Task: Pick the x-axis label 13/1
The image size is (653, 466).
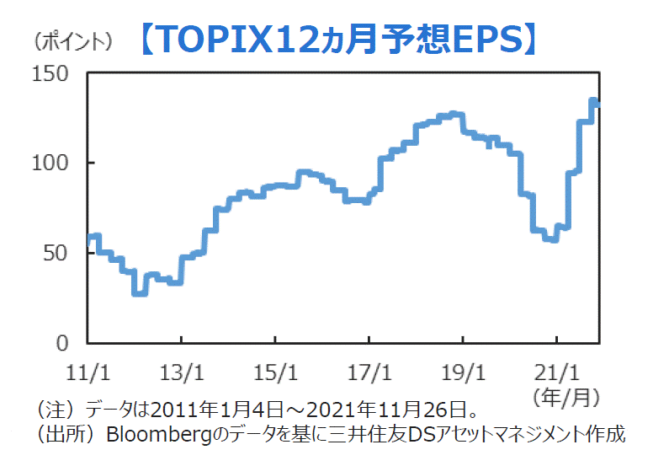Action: (x=182, y=371)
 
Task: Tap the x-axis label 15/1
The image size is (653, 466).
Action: (x=276, y=371)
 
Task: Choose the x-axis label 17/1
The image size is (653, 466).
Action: (x=369, y=371)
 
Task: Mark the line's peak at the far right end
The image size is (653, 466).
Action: (x=593, y=102)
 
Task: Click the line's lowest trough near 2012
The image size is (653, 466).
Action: (x=139, y=292)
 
